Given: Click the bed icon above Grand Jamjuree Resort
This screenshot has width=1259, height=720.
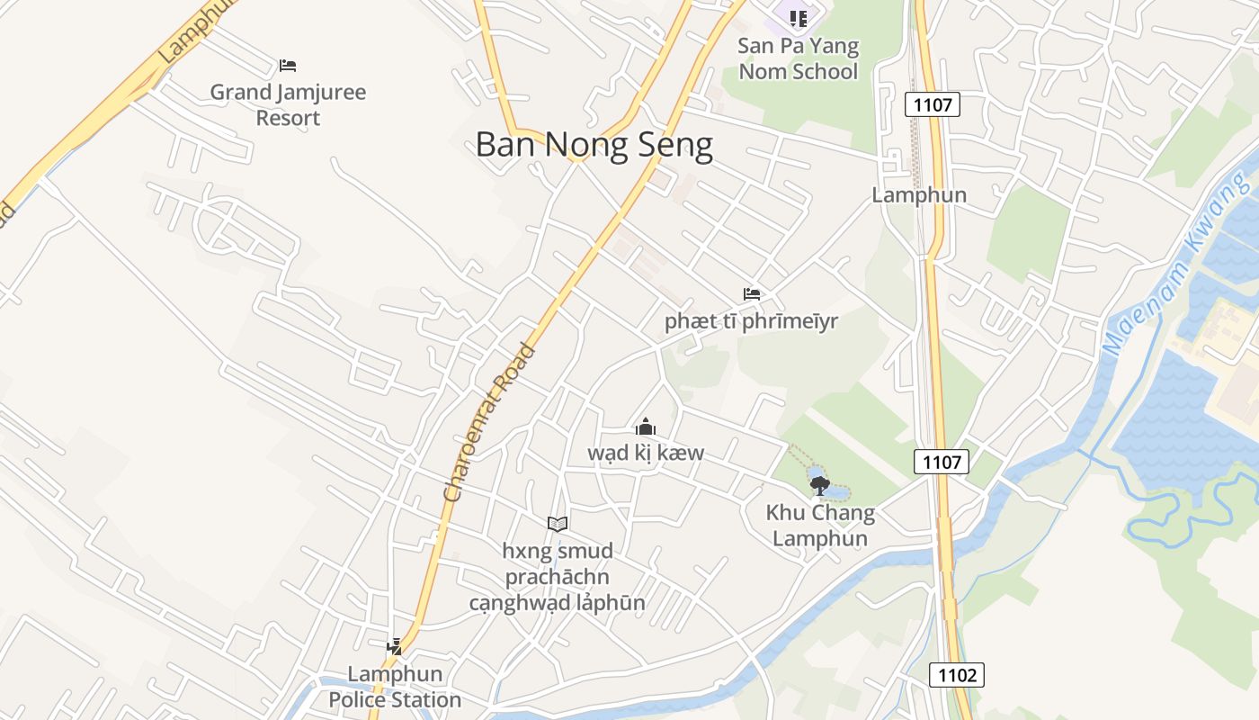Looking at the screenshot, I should coord(288,65).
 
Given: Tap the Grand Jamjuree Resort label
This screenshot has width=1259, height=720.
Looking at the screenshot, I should coord(288,104).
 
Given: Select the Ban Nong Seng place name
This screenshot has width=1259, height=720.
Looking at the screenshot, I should coord(594,145).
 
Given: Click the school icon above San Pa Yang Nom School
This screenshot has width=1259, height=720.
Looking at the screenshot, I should coord(798,17).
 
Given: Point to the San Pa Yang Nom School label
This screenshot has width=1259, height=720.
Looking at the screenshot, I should coord(798,58).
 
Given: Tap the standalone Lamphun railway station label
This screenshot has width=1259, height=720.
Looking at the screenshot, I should coord(919,195).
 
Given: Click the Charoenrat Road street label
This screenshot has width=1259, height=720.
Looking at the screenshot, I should coord(490,422).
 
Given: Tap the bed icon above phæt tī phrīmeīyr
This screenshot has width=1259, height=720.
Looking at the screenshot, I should coord(752,294).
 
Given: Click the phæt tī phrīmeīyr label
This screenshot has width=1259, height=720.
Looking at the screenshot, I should coord(751,321).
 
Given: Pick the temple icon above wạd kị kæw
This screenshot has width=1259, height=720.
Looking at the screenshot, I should coord(646,427).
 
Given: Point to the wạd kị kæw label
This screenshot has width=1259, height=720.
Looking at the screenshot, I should coord(646,453).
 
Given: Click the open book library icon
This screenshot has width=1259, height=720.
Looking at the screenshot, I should coord(558,524).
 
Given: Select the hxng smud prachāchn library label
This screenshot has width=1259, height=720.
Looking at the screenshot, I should coord(558,576).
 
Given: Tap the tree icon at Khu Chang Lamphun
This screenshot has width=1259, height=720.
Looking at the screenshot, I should coord(818,486).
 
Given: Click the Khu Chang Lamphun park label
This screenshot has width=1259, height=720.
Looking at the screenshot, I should coord(820,526).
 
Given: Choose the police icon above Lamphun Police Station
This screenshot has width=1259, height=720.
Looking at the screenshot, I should coord(394,646).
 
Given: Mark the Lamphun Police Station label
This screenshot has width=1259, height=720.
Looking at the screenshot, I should coord(395,687).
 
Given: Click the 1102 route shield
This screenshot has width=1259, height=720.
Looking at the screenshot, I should coord(957,675).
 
